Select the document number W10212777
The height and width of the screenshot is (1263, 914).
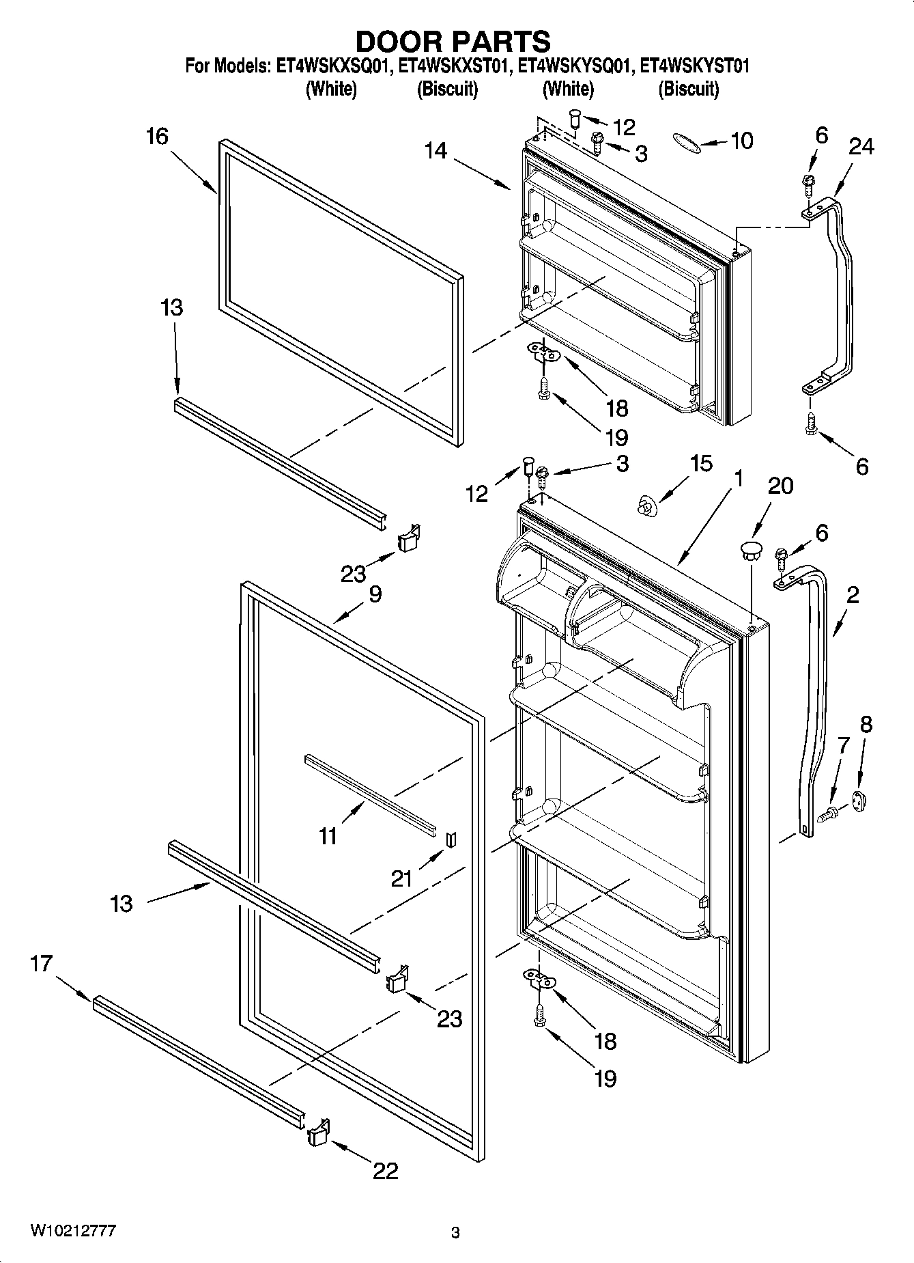[x=72, y=1230]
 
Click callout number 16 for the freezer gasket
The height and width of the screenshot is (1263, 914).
[x=157, y=137]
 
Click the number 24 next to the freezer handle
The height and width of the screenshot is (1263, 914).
[x=861, y=146]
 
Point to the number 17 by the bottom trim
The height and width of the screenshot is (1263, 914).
[x=41, y=964]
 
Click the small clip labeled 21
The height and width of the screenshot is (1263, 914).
[x=450, y=839]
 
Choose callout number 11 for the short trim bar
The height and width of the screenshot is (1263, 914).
[x=328, y=835]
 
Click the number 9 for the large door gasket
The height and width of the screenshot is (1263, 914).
[x=375, y=594]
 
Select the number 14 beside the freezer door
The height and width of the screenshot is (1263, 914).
[x=435, y=150]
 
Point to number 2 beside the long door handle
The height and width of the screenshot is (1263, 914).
[x=853, y=595]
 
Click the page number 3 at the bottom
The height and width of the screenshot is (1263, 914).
[x=455, y=1233]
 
